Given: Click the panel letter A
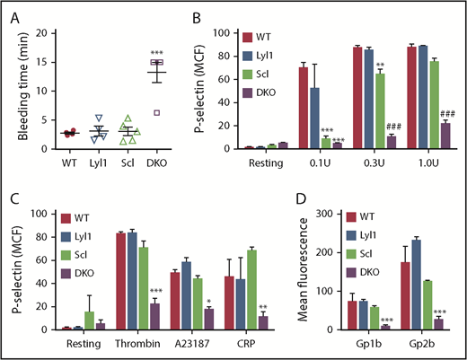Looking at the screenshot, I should [8, 10].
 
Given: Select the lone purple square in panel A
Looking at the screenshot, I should [157, 113].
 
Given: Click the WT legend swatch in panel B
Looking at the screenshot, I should [248, 35].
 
